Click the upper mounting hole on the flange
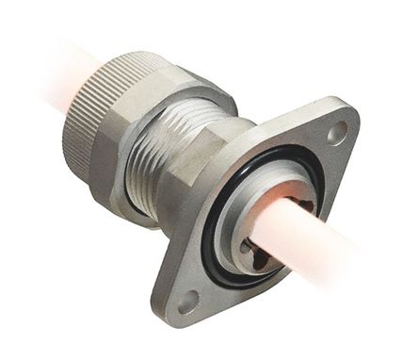click(x=336, y=135)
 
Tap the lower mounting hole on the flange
click(x=188, y=303)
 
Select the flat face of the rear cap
click(x=71, y=141)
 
